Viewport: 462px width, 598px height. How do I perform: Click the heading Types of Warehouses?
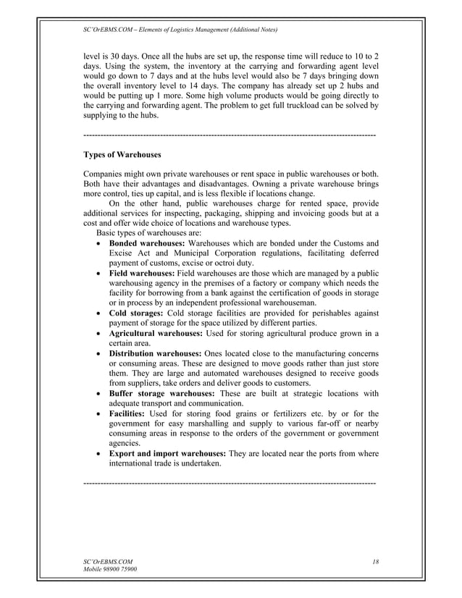point(122,155)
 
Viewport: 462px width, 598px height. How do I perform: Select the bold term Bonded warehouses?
point(147,243)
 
